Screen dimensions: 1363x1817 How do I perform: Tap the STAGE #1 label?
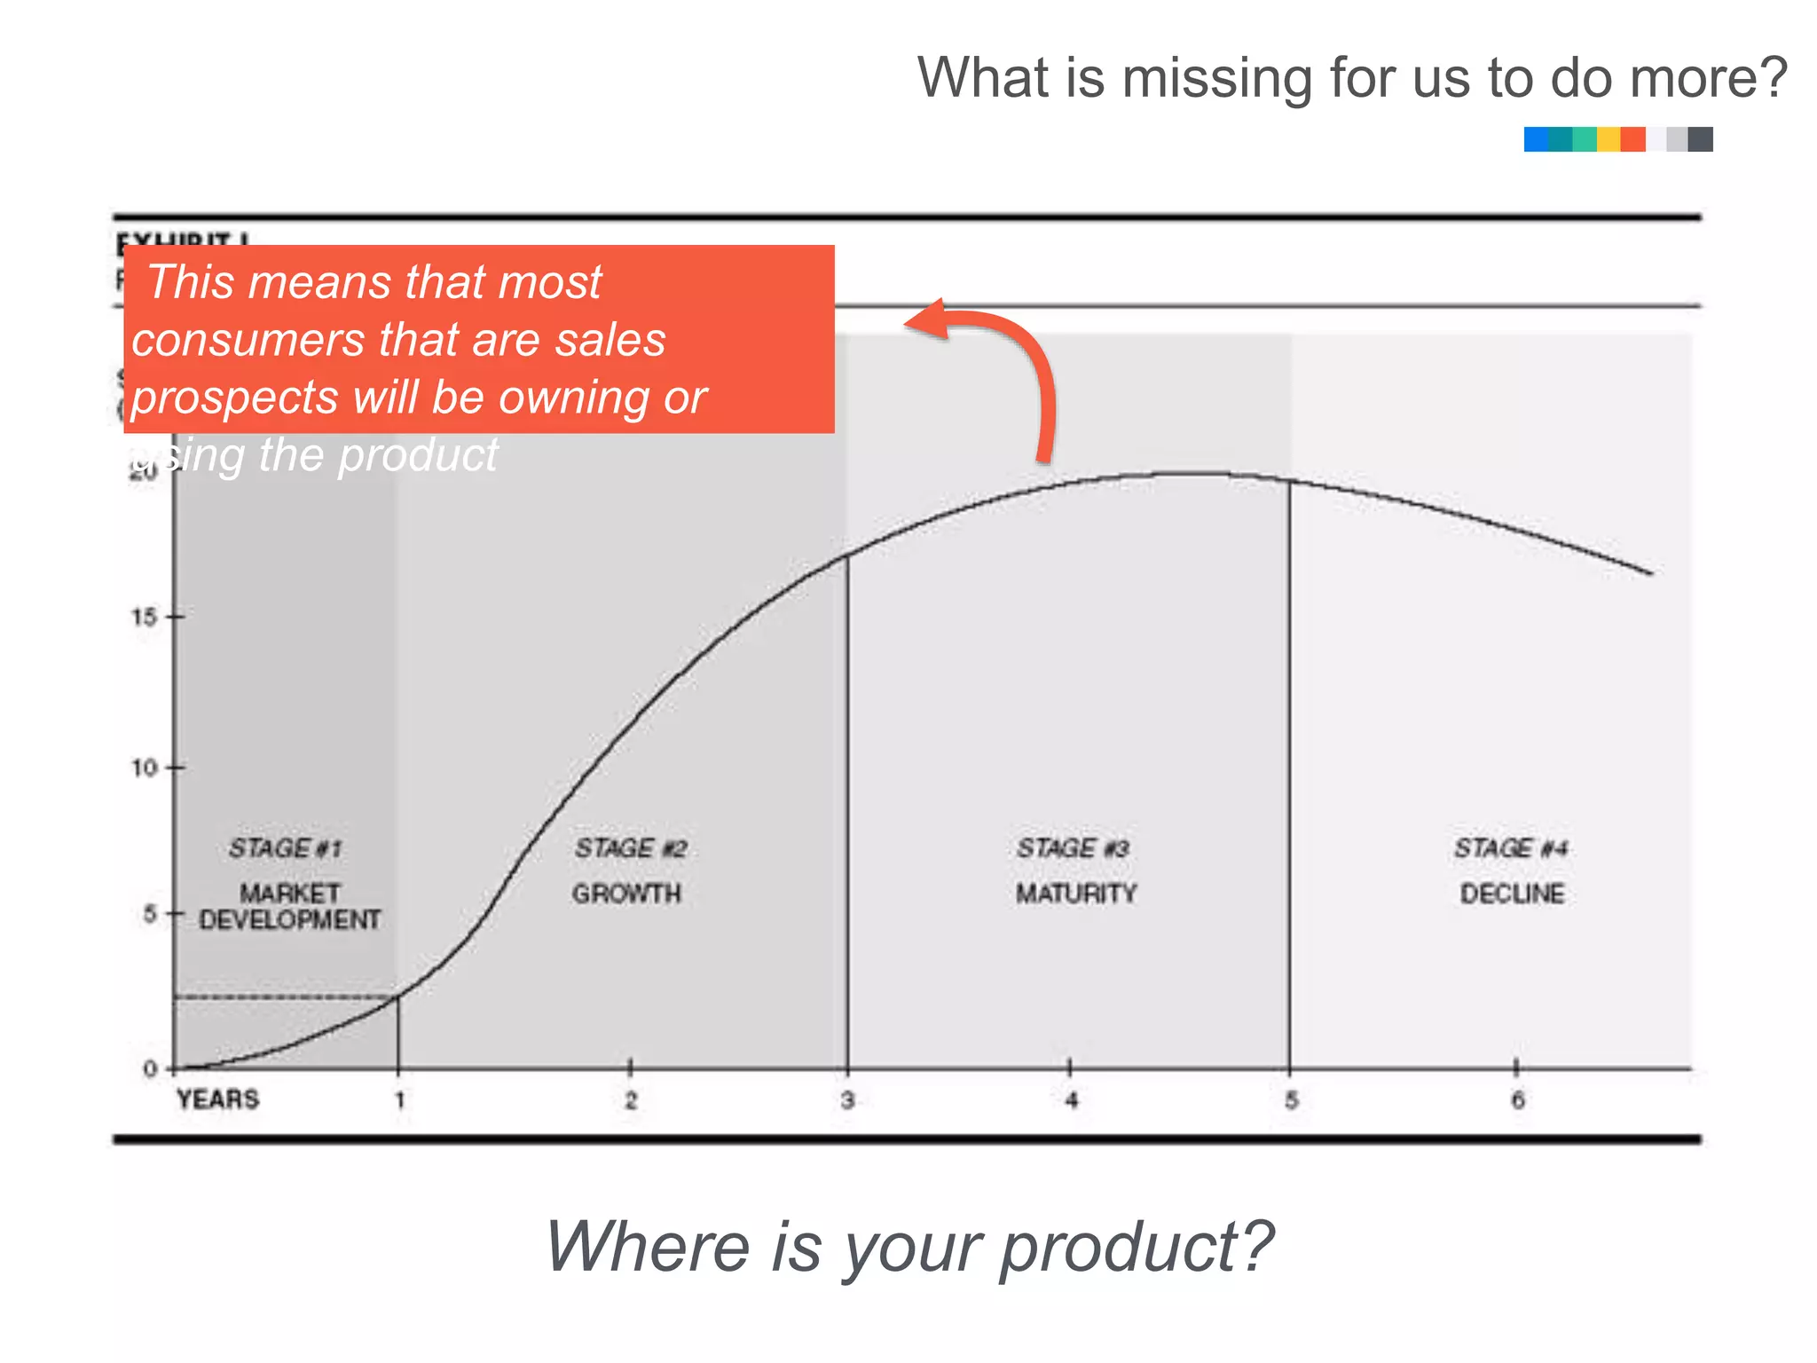(x=285, y=848)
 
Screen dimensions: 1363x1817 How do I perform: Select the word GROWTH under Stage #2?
(x=626, y=894)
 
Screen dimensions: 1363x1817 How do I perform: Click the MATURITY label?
(x=1075, y=894)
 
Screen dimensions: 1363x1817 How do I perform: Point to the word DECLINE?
(x=1512, y=894)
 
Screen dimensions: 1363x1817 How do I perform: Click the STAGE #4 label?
(x=1510, y=848)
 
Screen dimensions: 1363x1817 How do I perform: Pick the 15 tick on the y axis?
(x=145, y=617)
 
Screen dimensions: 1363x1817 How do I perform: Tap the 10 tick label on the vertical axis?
(x=145, y=768)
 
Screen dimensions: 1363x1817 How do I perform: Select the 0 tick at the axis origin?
(x=150, y=1069)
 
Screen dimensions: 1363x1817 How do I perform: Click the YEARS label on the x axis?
(x=217, y=1099)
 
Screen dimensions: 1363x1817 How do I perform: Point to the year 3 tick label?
(x=847, y=1100)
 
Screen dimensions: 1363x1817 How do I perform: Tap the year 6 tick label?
(x=1518, y=1100)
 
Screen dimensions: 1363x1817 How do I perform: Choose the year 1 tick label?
(x=399, y=1100)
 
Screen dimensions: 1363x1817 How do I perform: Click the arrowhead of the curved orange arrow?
(x=923, y=319)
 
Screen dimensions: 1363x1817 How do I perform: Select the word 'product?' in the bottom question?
(x=1137, y=1247)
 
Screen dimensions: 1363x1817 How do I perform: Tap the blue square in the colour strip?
(x=1536, y=139)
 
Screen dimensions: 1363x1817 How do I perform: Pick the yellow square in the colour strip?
(x=1609, y=139)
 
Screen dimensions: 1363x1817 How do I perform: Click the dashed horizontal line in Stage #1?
(x=284, y=997)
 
